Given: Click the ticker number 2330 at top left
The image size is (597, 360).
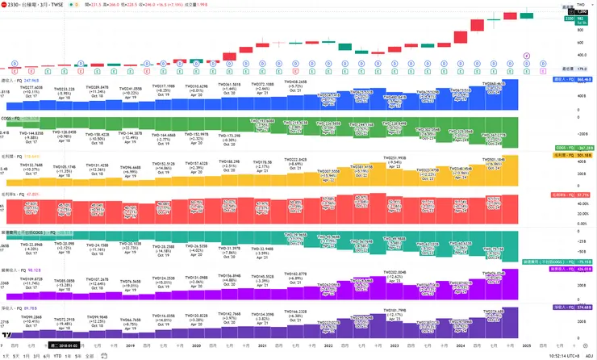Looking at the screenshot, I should pos(13,5).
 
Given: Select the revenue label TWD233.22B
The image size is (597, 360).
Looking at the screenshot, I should pos(64,89).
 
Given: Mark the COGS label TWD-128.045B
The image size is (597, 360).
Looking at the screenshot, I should pos(64,132).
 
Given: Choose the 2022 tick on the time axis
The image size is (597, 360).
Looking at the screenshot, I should pos(328,345).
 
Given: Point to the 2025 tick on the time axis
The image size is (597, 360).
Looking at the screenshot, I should pos(526,345).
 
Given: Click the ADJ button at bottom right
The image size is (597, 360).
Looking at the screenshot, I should pos(590,354).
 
